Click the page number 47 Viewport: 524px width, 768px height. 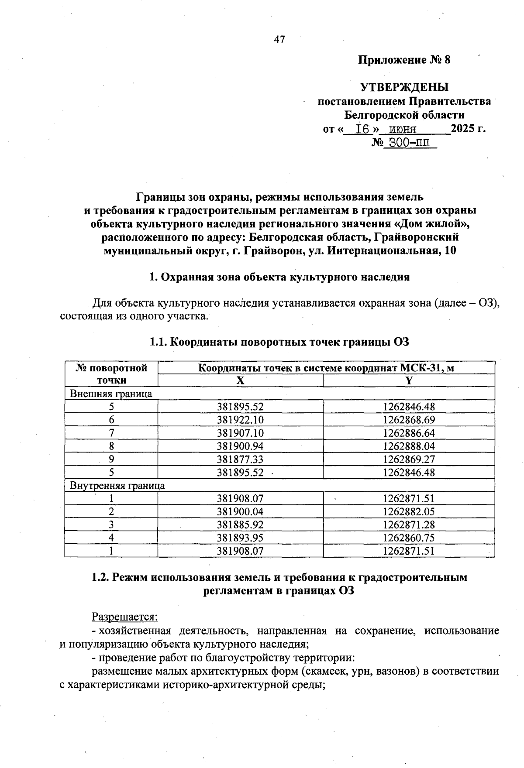[x=279, y=40]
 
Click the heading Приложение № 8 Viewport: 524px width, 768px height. [x=404, y=60]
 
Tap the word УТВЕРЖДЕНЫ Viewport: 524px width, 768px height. [x=404, y=87]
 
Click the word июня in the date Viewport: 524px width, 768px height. [x=403, y=129]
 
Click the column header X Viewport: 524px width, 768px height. [x=240, y=381]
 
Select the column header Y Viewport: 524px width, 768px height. [x=409, y=381]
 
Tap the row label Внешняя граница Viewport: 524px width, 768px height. [x=111, y=394]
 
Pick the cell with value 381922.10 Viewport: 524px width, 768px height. [x=240, y=420]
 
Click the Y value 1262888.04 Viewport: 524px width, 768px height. [x=409, y=446]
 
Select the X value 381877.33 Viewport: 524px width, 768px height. [x=240, y=459]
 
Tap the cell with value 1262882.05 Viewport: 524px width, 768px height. [x=409, y=511]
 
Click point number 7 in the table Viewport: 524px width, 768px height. [x=111, y=433]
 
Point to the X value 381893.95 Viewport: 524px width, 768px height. [x=240, y=538]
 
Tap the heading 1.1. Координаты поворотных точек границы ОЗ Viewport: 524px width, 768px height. [x=279, y=342]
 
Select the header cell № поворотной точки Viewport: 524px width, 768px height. [x=111, y=374]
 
